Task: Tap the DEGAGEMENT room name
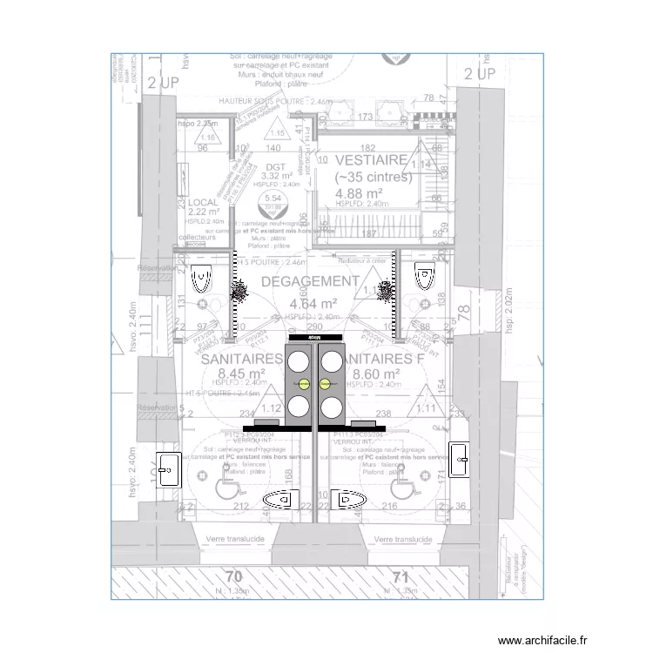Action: [x=298, y=282]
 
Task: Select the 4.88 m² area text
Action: [x=360, y=193]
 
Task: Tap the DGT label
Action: [x=276, y=167]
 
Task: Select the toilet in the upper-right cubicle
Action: [x=424, y=277]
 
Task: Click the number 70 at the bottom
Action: [x=232, y=577]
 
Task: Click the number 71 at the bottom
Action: [x=401, y=577]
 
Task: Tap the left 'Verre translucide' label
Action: [x=235, y=540]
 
